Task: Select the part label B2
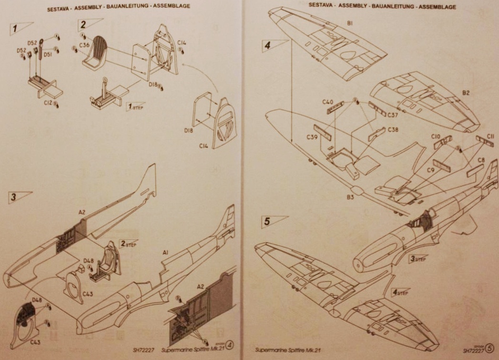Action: (x=465, y=93)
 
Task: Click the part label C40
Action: (x=327, y=102)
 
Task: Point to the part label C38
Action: (x=393, y=130)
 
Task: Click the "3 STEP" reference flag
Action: (x=418, y=258)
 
